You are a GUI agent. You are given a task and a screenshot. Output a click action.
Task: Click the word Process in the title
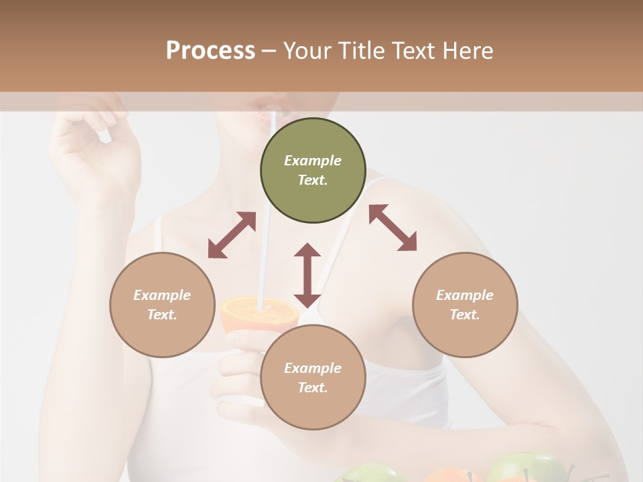pos(210,51)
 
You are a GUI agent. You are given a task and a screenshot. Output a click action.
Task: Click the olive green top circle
pos(313,170)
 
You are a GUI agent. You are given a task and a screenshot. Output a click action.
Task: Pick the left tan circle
pos(162,305)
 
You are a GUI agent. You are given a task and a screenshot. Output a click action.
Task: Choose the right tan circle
pos(465,305)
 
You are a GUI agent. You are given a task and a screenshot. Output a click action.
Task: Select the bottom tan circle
pos(313,378)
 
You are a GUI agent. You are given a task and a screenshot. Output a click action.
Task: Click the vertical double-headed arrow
pos(307,275)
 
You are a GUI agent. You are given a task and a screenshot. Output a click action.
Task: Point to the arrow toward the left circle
pos(232,235)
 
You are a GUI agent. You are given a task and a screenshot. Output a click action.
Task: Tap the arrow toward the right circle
pos(393,228)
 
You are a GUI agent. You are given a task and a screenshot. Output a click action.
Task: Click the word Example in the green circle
pos(313,161)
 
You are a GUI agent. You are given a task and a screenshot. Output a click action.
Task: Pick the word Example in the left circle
pos(162,295)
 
